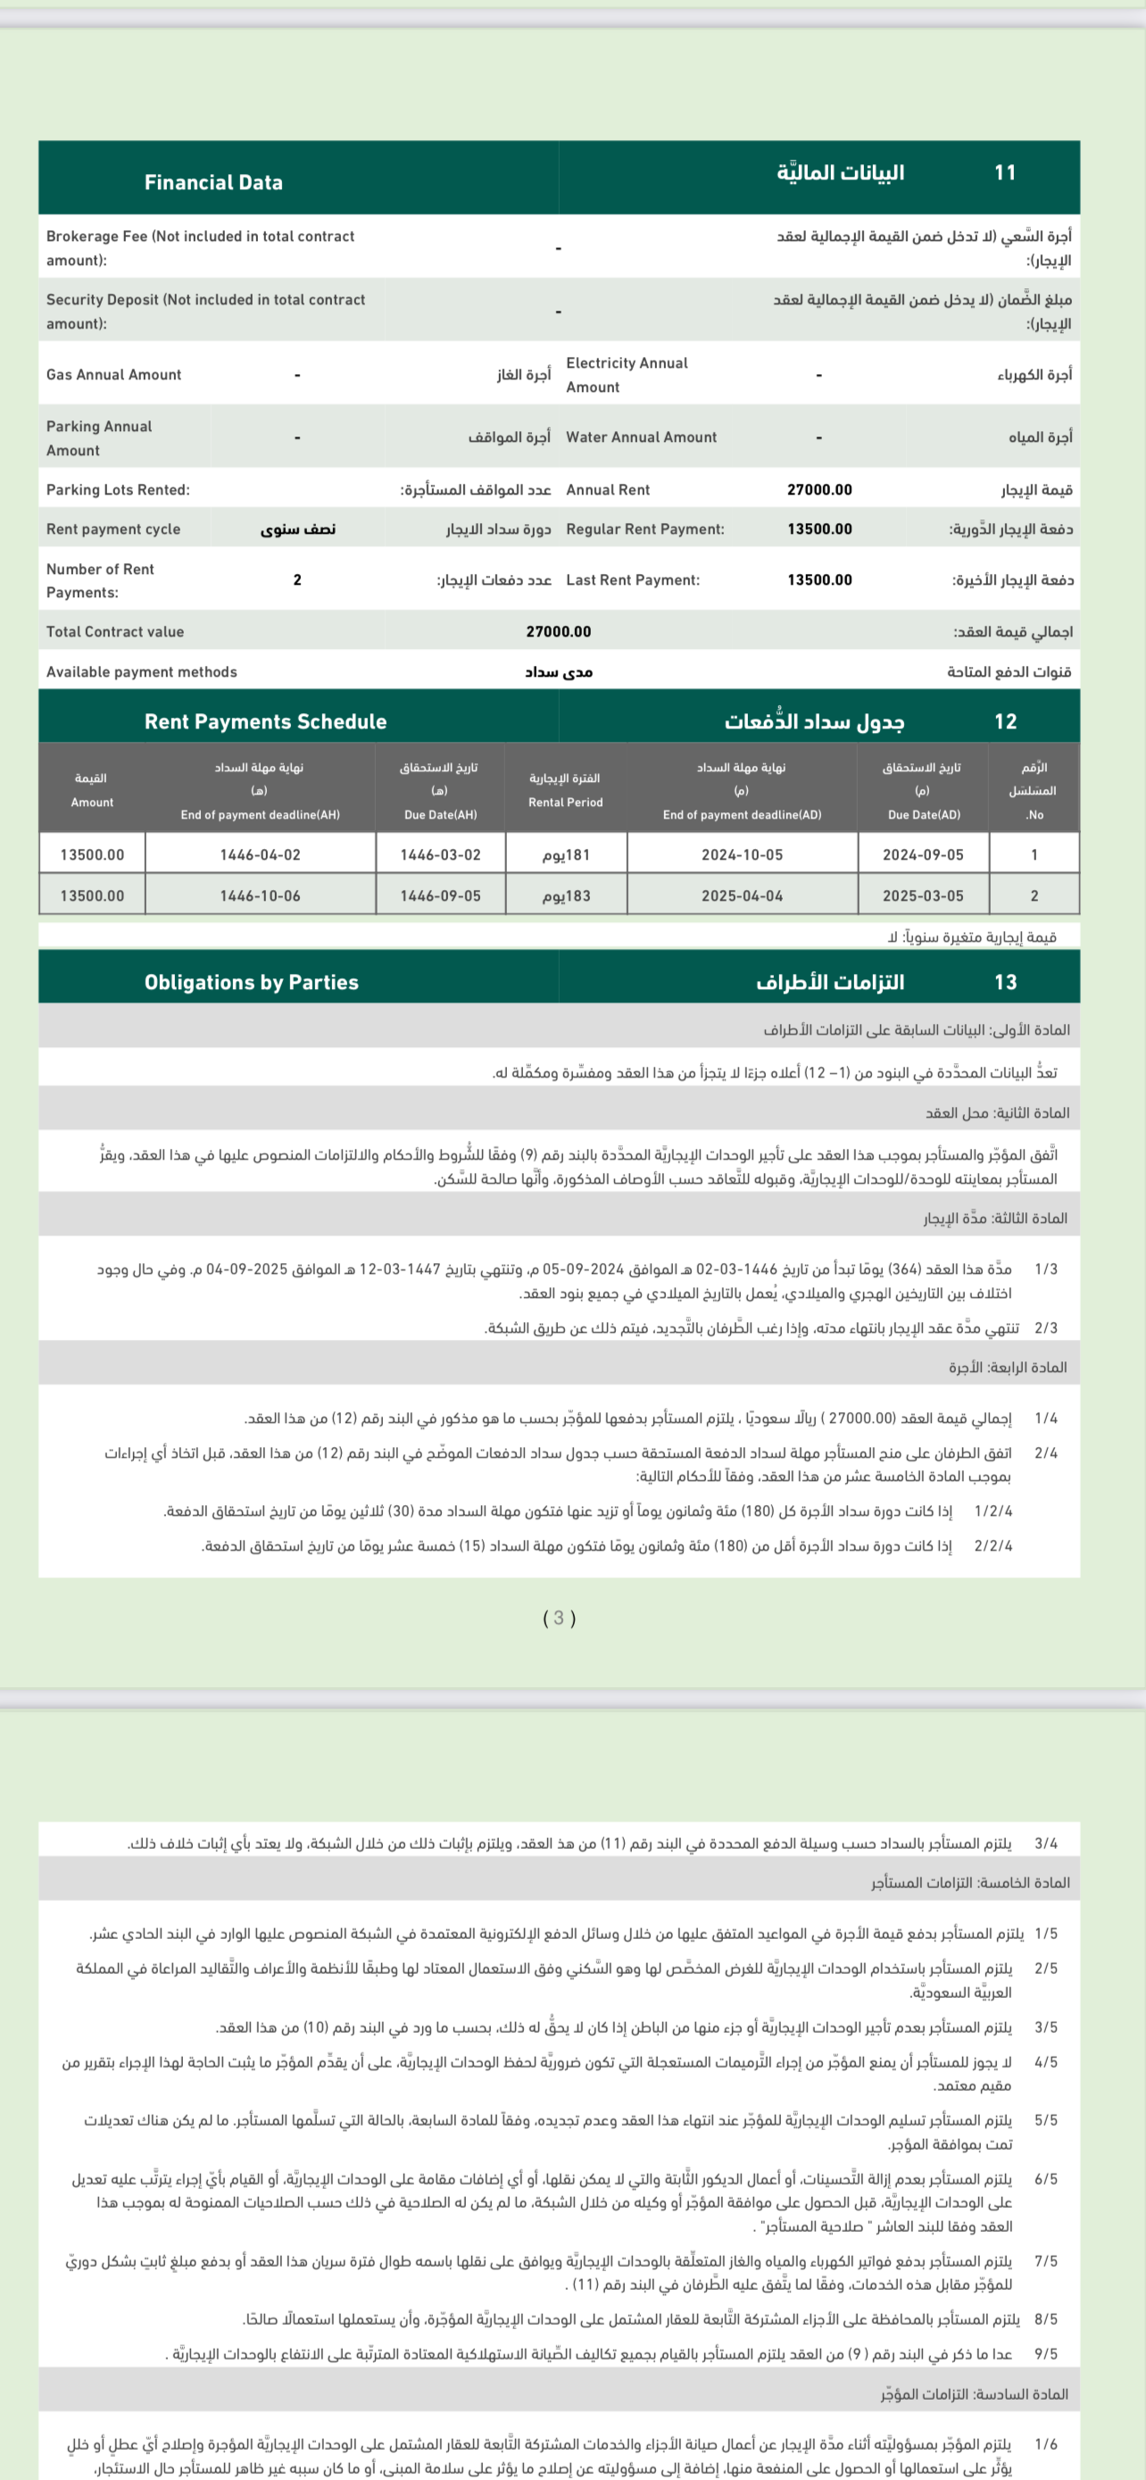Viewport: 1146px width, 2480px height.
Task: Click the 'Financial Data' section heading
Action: (213, 183)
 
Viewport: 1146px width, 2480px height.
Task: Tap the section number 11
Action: (1005, 172)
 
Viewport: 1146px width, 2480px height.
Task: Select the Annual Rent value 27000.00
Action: (818, 489)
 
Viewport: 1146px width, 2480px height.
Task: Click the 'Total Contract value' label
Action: (114, 631)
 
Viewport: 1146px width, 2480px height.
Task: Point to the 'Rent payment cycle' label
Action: (112, 528)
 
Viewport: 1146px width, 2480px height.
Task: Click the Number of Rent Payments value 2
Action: (297, 579)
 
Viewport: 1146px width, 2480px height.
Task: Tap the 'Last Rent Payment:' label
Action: (632, 579)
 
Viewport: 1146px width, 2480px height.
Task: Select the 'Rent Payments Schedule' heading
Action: (266, 721)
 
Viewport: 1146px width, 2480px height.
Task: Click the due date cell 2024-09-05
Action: (923, 854)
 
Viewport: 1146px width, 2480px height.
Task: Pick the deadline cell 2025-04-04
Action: (742, 895)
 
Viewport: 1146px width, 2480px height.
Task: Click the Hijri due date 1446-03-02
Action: (440, 854)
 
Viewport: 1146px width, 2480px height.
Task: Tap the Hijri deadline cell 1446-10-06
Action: (260, 895)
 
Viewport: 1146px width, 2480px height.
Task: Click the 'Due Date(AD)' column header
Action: (923, 814)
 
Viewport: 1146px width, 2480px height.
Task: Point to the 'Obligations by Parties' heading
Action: (251, 982)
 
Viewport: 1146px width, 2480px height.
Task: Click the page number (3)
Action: (559, 1618)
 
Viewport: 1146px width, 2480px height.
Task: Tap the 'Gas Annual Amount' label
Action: (113, 375)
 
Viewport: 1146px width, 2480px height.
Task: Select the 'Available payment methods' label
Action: (141, 672)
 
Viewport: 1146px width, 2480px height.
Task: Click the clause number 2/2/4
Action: (993, 1545)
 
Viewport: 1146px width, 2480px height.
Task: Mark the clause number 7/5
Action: (1045, 2260)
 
